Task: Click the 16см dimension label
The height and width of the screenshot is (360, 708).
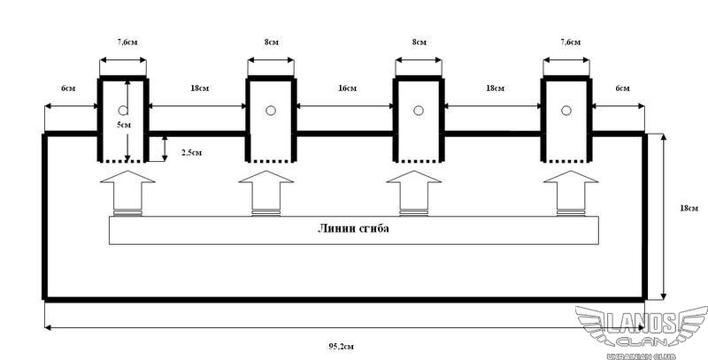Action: point(346,88)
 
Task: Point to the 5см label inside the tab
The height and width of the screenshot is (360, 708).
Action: point(125,125)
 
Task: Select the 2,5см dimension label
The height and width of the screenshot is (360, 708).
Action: point(190,152)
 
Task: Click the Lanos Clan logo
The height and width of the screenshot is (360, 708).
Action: point(638,333)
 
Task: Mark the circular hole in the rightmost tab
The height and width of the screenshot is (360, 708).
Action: point(566,111)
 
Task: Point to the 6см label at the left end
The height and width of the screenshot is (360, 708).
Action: point(67,88)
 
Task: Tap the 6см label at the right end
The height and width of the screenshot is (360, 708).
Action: point(623,88)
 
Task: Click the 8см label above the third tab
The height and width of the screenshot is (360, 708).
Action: point(419,41)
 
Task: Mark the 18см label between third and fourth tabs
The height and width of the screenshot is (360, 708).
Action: point(494,88)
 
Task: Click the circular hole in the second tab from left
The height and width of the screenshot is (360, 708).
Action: point(271,111)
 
